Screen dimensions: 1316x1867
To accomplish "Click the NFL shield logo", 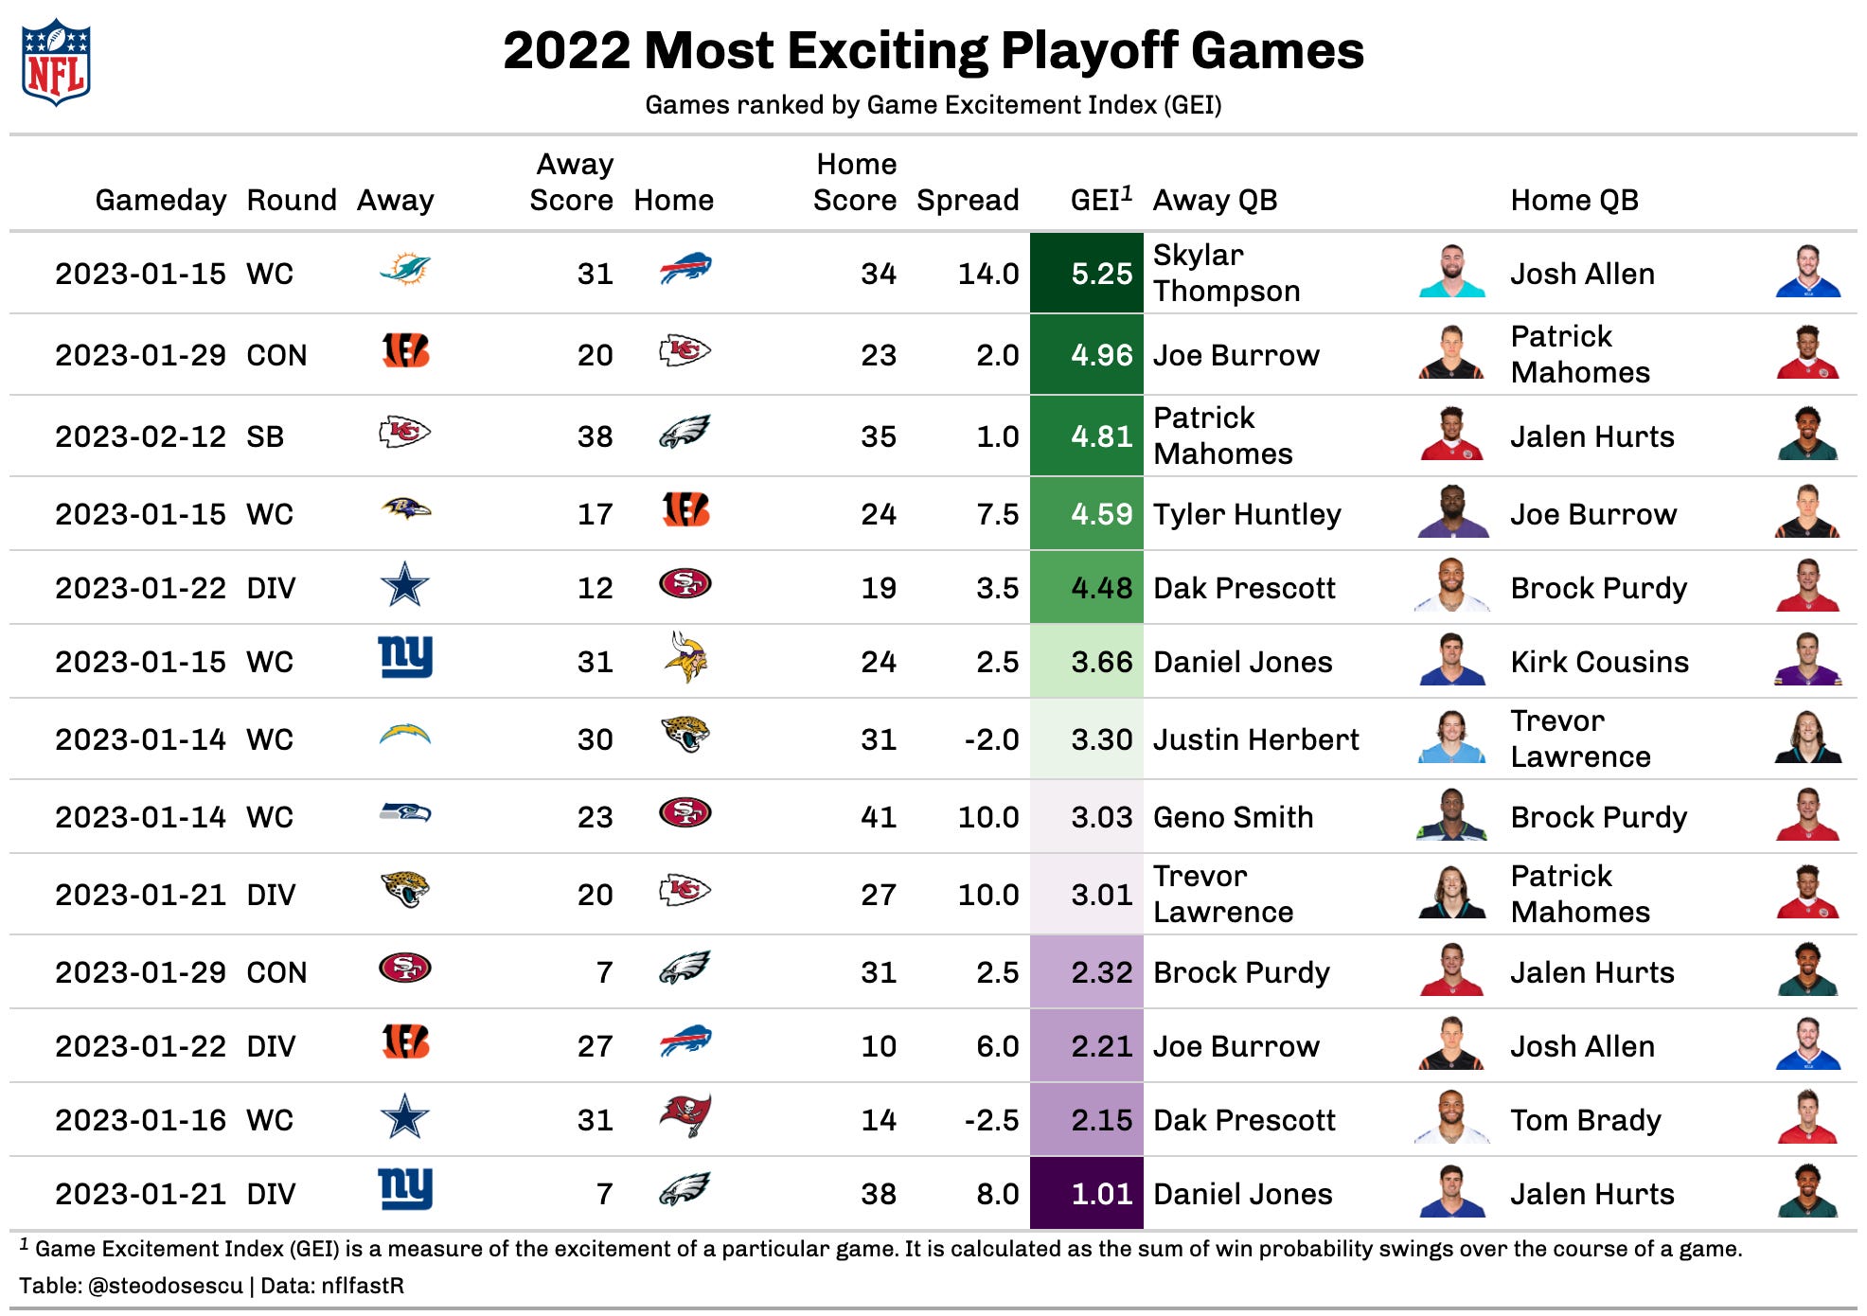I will pos(56,62).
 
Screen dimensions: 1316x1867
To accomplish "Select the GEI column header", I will pos(1100,200).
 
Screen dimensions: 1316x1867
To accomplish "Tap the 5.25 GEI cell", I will pos(1087,274).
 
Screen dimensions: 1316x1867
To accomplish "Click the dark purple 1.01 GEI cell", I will pos(1087,1194).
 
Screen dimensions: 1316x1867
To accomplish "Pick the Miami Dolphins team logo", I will pos(404,271).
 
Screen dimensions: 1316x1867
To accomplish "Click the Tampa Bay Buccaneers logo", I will pos(685,1116).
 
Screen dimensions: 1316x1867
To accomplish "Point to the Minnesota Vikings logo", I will pos(685,658).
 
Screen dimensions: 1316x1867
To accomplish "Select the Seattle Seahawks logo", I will pos(404,813).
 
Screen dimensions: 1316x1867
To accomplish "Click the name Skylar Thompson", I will pos(1226,274).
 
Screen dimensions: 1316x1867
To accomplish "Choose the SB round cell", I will pos(265,437).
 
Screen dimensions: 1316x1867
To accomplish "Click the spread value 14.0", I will pos(987,275).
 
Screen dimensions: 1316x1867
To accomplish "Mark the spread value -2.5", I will pos(991,1121).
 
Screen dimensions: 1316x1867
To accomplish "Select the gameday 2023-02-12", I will pos(140,437).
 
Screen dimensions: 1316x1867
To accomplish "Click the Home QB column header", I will pos(1574,200).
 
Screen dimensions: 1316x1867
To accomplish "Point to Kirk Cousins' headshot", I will pos(1807,660).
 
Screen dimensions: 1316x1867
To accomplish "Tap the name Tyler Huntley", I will pos(1246,515).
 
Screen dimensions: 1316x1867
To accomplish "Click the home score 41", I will pos(878,818).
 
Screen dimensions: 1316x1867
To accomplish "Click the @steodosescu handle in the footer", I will pos(165,1286).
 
